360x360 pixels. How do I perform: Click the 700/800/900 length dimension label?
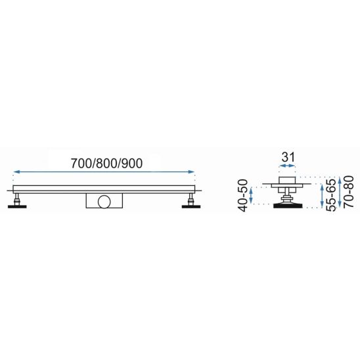click(x=106, y=164)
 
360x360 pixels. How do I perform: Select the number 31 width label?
click(x=288, y=157)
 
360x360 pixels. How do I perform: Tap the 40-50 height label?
click(x=243, y=195)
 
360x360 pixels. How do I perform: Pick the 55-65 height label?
click(x=331, y=195)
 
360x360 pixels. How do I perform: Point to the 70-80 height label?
click(x=348, y=192)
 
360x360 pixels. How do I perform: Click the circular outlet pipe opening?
click(x=104, y=202)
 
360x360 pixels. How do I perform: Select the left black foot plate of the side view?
click(x=17, y=207)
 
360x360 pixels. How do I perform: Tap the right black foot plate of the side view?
click(x=191, y=207)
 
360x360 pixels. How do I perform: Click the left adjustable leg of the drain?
click(x=17, y=199)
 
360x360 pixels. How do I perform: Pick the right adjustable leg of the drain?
click(x=191, y=199)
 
